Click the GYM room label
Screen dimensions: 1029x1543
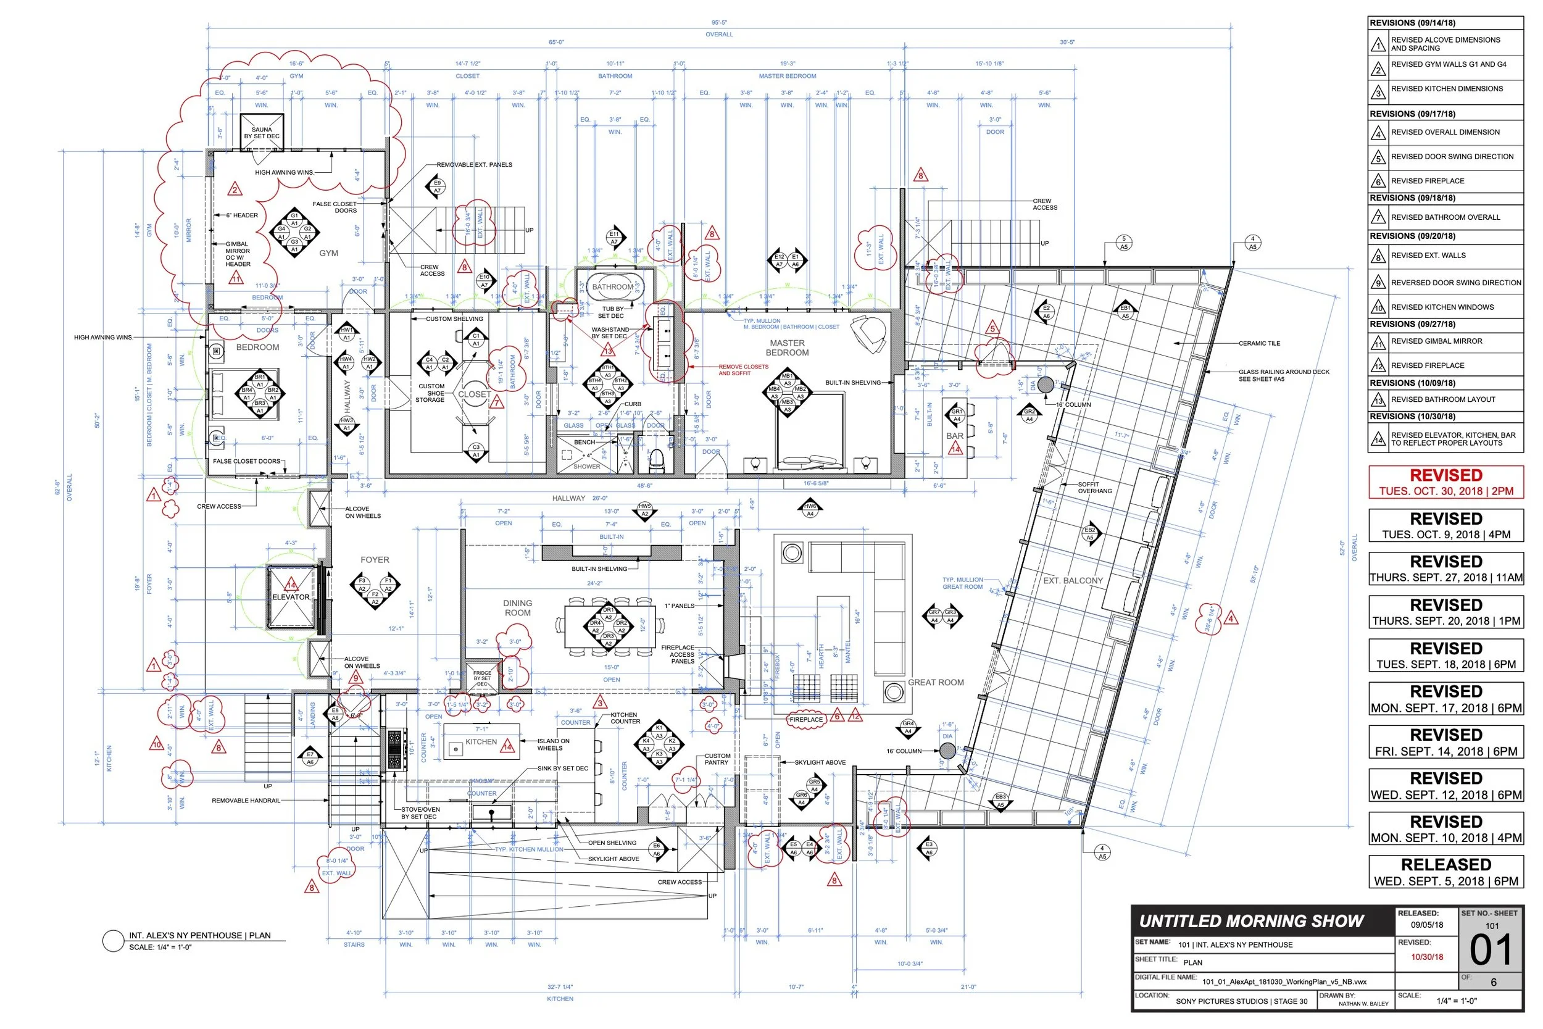(x=329, y=253)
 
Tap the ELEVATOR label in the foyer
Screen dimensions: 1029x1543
(x=291, y=597)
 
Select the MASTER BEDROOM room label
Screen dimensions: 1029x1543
(x=788, y=348)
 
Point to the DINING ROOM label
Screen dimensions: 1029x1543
(x=518, y=607)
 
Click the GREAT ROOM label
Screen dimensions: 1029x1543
(x=936, y=683)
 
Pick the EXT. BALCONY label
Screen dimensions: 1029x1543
(x=1073, y=581)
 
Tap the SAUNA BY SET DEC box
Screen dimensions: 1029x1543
(x=262, y=133)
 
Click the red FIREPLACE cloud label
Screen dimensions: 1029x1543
(x=806, y=720)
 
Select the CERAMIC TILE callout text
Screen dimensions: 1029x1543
(x=1259, y=343)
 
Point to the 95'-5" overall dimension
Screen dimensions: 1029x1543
(x=719, y=23)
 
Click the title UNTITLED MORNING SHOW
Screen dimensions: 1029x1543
(x=1252, y=922)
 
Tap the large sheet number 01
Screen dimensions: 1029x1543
(x=1491, y=950)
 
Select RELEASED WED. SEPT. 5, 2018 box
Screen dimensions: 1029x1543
(x=1446, y=872)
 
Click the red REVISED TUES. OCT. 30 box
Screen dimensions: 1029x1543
(x=1446, y=482)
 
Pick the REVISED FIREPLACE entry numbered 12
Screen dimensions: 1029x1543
(x=1427, y=365)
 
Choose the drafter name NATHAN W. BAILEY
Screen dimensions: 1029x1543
(x=1363, y=1004)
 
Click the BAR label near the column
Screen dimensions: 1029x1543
(x=955, y=436)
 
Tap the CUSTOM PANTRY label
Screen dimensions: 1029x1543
(x=717, y=759)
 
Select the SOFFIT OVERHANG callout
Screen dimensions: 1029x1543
(x=1095, y=488)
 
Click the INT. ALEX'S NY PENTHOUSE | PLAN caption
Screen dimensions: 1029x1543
(x=199, y=935)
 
